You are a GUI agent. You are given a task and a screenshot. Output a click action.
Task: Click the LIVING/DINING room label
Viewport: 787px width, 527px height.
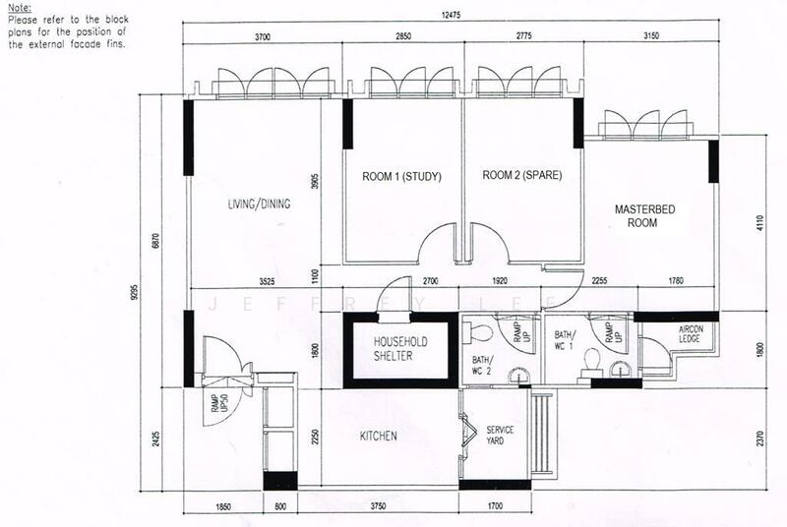click(256, 205)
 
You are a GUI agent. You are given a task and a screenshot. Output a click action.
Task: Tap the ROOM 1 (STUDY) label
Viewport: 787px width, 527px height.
click(401, 177)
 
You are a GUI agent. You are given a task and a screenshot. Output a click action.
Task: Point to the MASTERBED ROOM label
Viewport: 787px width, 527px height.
click(641, 216)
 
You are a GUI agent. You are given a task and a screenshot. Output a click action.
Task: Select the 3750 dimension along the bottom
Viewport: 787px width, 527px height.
click(378, 508)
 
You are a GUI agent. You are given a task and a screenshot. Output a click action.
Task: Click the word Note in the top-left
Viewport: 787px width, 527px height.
click(19, 7)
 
